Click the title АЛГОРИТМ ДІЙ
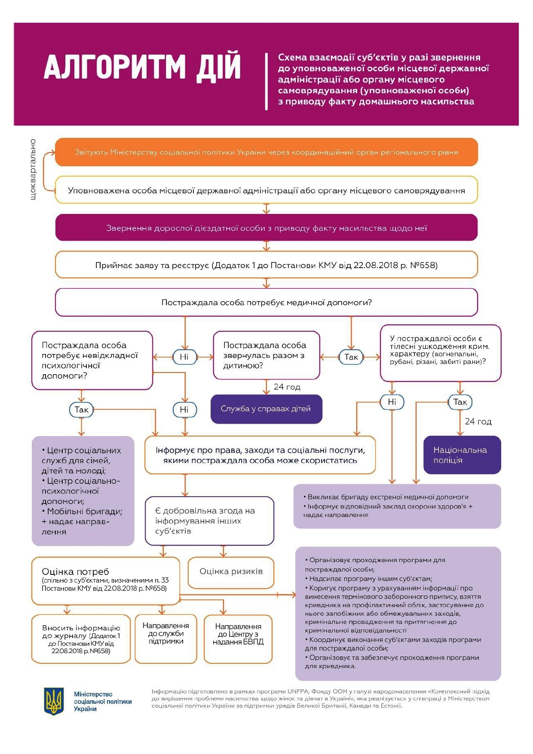tap(142, 66)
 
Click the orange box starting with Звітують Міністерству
tap(266, 152)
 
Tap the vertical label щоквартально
tap(33, 169)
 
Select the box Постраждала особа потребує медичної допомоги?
tap(266, 302)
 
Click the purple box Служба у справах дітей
tap(266, 409)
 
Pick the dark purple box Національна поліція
tap(462, 455)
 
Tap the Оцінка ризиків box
tap(231, 572)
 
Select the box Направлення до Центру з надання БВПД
tap(238, 635)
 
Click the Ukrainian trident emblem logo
tap(54, 701)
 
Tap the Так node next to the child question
tap(351, 357)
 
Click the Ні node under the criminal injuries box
tap(392, 402)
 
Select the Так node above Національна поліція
tap(459, 402)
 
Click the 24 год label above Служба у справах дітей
tap(287, 387)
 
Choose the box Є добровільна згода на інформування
tap(209, 521)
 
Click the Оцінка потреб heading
tap(76, 572)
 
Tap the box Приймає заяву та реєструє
tap(266, 265)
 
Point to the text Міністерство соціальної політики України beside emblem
tap(102, 702)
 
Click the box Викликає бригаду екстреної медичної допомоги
tap(397, 506)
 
